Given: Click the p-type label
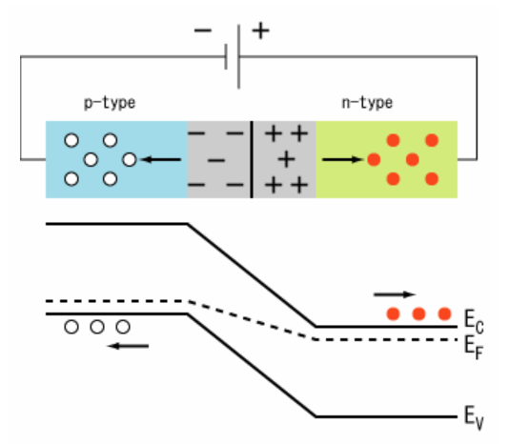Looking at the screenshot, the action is pyautogui.click(x=110, y=103).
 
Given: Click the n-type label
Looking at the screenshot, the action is pyautogui.click(x=367, y=103).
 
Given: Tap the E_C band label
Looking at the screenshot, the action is pyautogui.click(x=474, y=321).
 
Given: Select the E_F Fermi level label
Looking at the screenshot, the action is pyautogui.click(x=474, y=347).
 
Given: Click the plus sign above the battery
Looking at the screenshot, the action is pyautogui.click(x=260, y=30).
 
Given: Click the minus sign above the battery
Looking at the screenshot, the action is pyautogui.click(x=203, y=30).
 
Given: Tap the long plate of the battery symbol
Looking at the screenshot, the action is pyautogui.click(x=239, y=56).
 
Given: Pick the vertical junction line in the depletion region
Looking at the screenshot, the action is pyautogui.click(x=252, y=159).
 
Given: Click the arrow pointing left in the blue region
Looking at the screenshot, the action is pyautogui.click(x=161, y=159).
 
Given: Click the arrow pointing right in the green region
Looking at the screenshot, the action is pyautogui.click(x=343, y=159).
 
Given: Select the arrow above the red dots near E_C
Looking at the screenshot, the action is pyautogui.click(x=395, y=294).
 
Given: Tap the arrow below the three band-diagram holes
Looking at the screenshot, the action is pyautogui.click(x=128, y=346).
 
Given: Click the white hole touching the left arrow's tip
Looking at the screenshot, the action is pyautogui.click(x=130, y=159).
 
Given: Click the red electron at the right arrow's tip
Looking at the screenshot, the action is pyautogui.click(x=374, y=159).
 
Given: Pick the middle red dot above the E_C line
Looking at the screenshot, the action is pyautogui.click(x=418, y=313).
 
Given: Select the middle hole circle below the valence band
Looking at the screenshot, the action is pyautogui.click(x=97, y=327).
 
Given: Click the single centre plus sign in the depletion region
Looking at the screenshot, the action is pyautogui.click(x=286, y=159).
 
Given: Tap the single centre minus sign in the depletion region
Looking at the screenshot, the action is pyautogui.click(x=215, y=160).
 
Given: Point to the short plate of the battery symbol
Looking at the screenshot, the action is pyautogui.click(x=226, y=57).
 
